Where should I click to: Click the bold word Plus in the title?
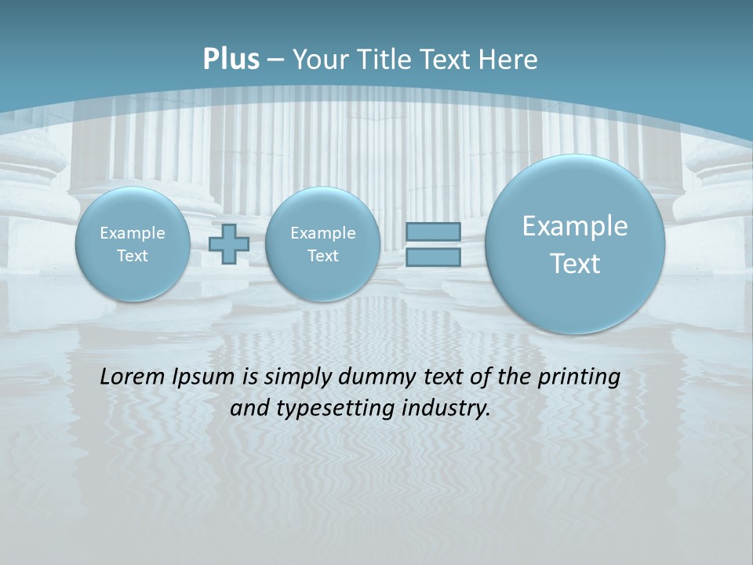[x=231, y=60]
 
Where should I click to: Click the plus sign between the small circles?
[x=229, y=244]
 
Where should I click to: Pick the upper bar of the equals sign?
[x=433, y=231]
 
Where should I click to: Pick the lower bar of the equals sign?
[x=433, y=257]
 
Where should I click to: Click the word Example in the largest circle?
[x=575, y=226]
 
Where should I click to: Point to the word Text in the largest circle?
[x=575, y=264]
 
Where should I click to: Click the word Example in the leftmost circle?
[x=133, y=233]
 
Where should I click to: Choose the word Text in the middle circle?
[x=322, y=256]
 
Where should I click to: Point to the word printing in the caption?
[x=579, y=377]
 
